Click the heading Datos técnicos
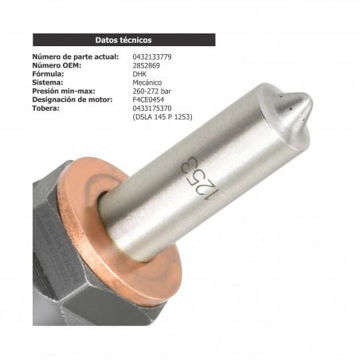point(123,39)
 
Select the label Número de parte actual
point(76,57)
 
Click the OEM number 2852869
point(147,66)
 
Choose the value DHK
point(139,74)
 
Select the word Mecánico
point(148,83)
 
